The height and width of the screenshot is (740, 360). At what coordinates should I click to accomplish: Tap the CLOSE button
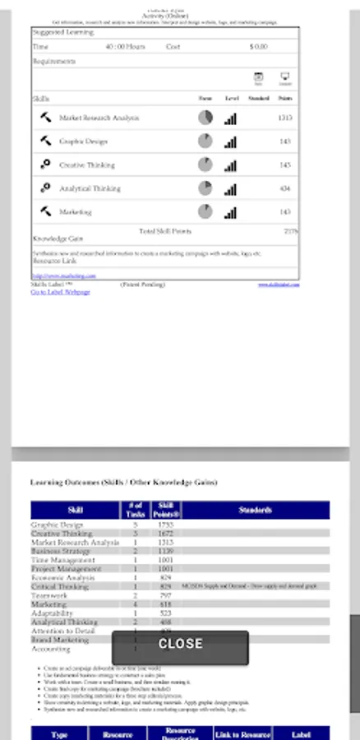[x=180, y=644]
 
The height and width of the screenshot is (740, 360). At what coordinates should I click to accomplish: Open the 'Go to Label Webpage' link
[x=60, y=292]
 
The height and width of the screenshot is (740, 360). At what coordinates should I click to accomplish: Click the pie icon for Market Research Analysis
[x=205, y=118]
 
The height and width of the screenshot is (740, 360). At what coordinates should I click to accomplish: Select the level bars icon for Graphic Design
[x=231, y=142]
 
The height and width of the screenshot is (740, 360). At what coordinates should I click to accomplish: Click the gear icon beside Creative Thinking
[x=45, y=165]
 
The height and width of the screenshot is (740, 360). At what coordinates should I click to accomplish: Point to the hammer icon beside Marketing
[x=45, y=212]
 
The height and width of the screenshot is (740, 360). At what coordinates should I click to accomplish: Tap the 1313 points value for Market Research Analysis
[x=285, y=118]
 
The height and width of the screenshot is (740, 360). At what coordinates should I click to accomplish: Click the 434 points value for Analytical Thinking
[x=285, y=189]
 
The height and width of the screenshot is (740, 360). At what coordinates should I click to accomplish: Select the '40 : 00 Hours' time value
[x=126, y=47]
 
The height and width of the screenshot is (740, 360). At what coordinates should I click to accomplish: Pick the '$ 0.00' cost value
[x=258, y=47]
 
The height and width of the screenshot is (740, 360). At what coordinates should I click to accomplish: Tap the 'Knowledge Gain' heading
[x=53, y=238]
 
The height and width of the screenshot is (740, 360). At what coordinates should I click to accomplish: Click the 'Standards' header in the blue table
[x=256, y=511]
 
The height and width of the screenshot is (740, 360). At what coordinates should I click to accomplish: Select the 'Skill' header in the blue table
[x=75, y=511]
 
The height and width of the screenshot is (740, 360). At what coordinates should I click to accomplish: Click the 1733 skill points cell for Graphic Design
[x=164, y=525]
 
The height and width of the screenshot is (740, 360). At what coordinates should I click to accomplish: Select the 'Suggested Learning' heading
[x=63, y=32]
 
